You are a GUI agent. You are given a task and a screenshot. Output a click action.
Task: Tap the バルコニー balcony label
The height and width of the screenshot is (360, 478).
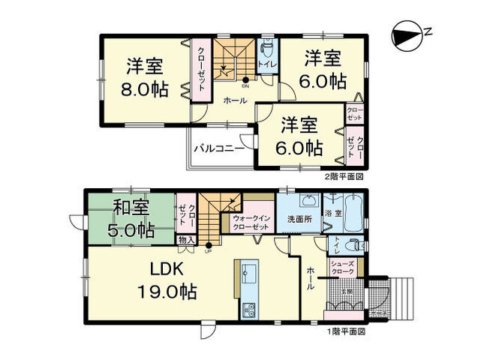pos(218,148)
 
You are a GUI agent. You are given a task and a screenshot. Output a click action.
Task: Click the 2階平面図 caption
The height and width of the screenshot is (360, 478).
pos(344,178)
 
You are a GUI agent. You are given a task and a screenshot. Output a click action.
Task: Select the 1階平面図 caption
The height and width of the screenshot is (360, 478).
pos(344,331)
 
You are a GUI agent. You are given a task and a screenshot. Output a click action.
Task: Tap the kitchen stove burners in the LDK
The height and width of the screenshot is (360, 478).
pos(249,308)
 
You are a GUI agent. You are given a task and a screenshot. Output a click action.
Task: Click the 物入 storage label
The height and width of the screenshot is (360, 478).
pos(186,240)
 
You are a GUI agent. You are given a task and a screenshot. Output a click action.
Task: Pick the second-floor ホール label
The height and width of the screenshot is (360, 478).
pos(236,100)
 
